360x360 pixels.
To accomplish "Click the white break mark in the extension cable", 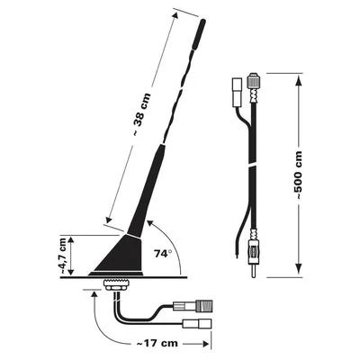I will click(x=253, y=168).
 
